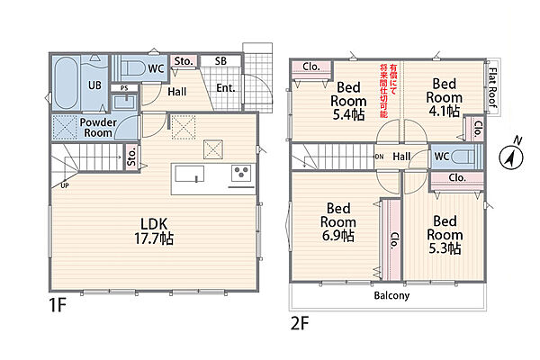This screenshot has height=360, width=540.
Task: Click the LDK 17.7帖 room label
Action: click(154, 231)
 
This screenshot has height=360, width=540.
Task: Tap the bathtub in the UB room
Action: click(66, 83)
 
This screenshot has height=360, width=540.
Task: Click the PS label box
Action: click(124, 88)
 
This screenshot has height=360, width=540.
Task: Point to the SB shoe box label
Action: click(220, 61)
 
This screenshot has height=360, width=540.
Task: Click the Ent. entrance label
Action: click(226, 88)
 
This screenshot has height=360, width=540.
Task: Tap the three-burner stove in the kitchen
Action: click(241, 173)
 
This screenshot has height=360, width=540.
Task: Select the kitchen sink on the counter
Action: click(189, 174)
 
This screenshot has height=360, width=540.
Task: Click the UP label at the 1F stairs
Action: click(65, 185)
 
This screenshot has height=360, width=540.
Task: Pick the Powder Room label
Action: click(98, 128)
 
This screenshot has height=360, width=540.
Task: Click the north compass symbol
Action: click(511, 156)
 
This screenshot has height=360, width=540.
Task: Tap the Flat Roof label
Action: click(493, 87)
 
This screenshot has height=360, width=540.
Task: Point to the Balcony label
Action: click(391, 295)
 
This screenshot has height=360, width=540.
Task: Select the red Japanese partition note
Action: click(389, 91)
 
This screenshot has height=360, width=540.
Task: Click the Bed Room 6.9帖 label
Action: click(338, 222)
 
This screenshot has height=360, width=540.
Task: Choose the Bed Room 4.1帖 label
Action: click(445, 97)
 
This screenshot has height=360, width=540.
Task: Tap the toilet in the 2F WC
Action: click(463, 157)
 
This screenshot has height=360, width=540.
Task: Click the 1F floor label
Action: click(58, 305)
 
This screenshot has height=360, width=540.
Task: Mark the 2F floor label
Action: click(300, 323)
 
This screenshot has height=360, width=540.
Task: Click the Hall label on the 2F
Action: click(401, 157)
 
